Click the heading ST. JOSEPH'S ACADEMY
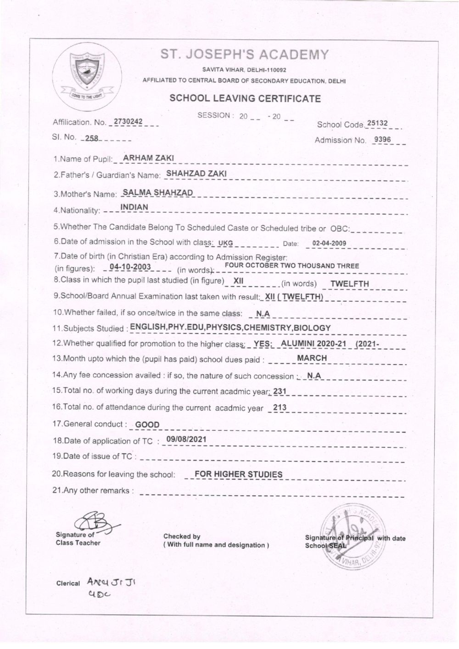click(245, 55)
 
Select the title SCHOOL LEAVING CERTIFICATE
click(245, 98)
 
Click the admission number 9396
click(383, 140)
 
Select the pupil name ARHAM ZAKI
click(145, 158)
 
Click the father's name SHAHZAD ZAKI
click(196, 174)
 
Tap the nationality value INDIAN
click(134, 208)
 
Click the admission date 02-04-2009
click(329, 243)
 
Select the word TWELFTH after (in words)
click(349, 283)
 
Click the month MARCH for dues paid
click(312, 358)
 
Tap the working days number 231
click(280, 390)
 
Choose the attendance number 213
click(280, 407)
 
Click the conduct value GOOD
click(147, 425)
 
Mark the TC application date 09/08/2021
click(186, 439)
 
